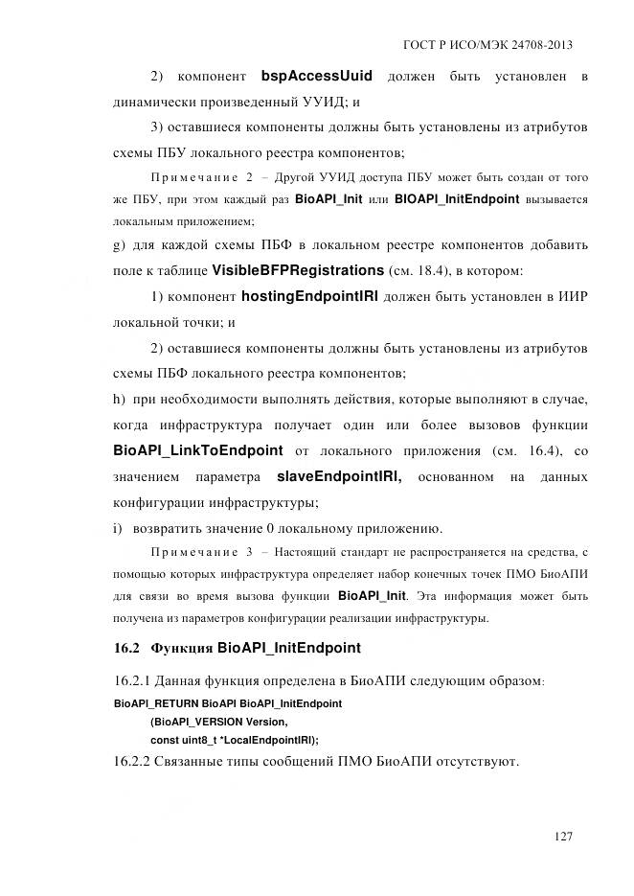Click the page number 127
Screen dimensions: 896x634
(562, 837)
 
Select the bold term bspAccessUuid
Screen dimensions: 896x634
(317, 76)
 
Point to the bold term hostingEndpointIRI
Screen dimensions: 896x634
(310, 297)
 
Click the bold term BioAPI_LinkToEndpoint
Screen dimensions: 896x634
(197, 450)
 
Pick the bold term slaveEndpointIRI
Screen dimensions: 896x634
(338, 476)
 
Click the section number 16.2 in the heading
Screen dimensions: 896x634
(127, 649)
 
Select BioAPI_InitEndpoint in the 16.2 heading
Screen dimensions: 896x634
(288, 649)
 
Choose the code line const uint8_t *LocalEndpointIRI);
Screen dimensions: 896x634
(235, 740)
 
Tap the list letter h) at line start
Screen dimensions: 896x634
(120, 399)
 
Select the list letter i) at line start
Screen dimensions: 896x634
(118, 528)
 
